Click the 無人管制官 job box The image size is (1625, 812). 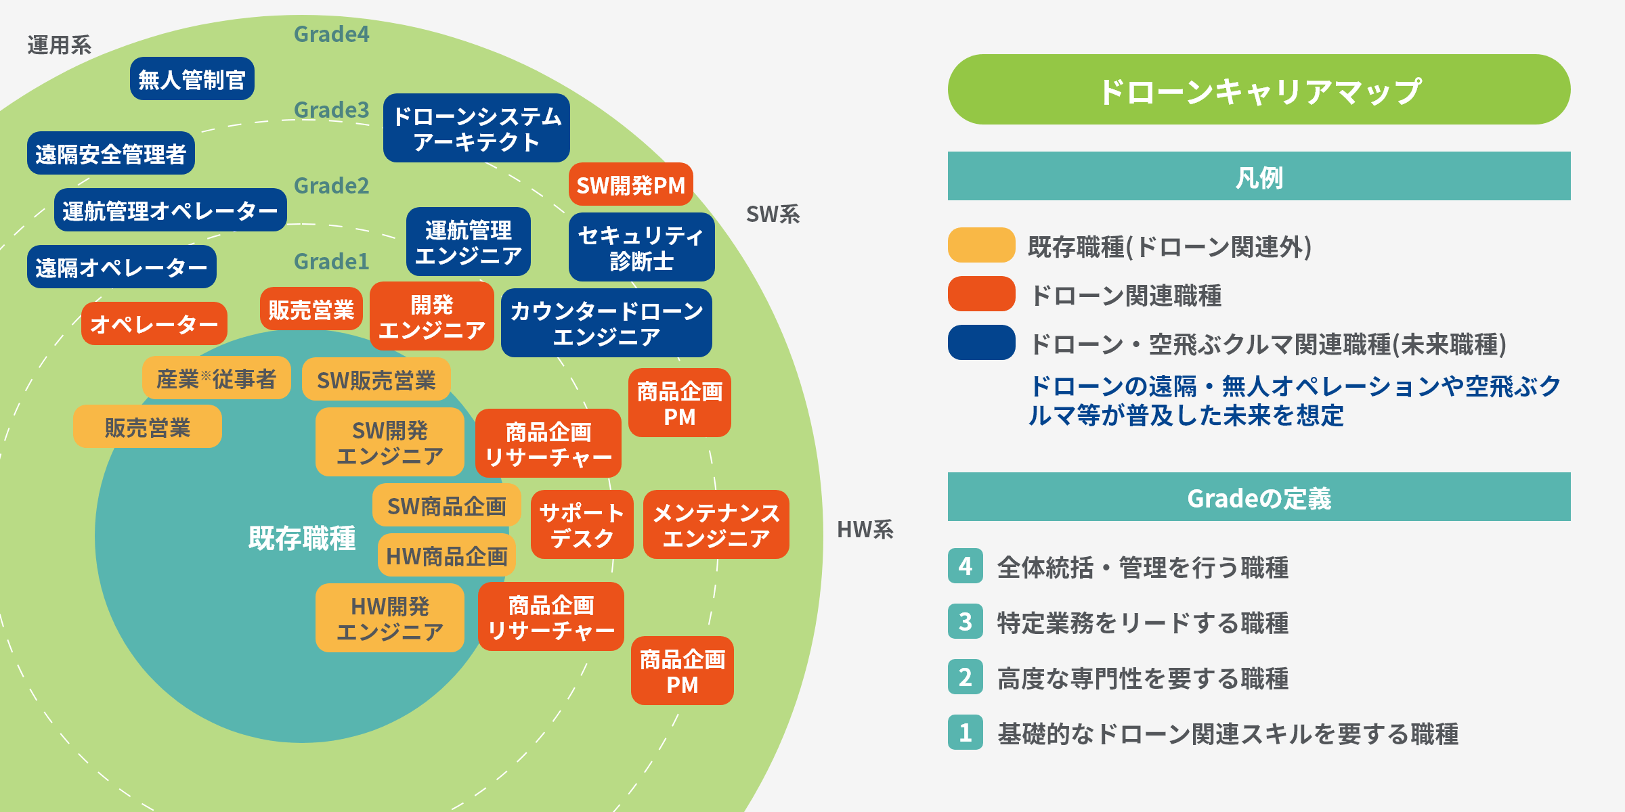(192, 79)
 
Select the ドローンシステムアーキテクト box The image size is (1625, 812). (476, 129)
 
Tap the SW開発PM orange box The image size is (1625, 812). (630, 185)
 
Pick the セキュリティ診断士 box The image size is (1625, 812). (641, 248)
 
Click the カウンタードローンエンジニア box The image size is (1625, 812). (606, 323)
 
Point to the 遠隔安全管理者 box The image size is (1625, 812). (110, 154)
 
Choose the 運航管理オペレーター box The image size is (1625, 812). (170, 210)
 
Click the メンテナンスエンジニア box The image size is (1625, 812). (716, 525)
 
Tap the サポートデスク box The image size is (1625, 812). (582, 525)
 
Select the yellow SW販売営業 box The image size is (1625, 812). (376, 380)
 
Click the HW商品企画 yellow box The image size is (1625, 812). (446, 556)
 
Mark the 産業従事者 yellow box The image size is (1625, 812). (216, 378)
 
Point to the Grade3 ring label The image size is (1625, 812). (331, 110)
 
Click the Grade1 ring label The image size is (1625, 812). (331, 261)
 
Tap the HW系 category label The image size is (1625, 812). (865, 529)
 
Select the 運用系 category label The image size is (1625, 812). (59, 45)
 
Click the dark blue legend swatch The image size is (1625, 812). (981, 343)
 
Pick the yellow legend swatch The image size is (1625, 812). (981, 246)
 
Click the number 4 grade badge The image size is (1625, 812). (965, 566)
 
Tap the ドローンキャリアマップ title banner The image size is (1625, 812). (1259, 90)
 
